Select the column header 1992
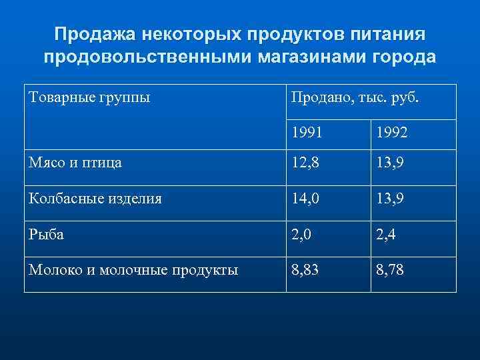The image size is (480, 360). (x=392, y=133)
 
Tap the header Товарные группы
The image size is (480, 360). (x=89, y=98)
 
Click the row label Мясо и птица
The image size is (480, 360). (x=75, y=162)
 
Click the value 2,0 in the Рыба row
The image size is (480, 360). (x=301, y=234)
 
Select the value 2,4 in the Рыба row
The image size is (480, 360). (x=387, y=234)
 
